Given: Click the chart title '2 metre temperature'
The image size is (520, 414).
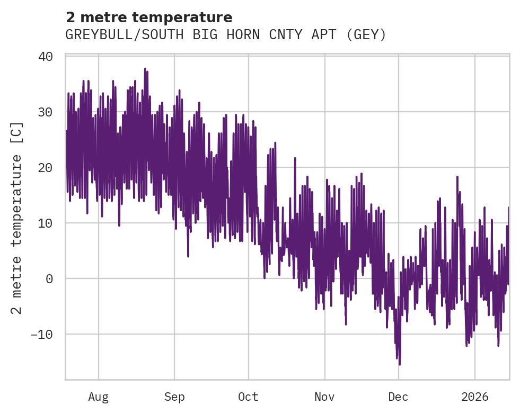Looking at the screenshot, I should tap(149, 17).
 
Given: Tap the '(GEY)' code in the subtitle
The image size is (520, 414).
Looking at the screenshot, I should tap(366, 35).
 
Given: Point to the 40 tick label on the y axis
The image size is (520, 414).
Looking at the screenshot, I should tap(46, 57).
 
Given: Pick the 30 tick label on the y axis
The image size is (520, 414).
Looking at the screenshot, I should tap(46, 112).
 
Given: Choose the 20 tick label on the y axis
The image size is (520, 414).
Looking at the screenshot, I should tap(46, 168).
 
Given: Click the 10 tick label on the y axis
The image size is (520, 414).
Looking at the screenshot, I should tap(46, 223).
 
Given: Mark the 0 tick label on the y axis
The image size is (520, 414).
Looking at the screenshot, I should tap(49, 279).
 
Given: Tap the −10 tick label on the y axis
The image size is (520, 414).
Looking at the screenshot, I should tap(42, 335).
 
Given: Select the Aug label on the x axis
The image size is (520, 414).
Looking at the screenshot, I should tap(98, 397).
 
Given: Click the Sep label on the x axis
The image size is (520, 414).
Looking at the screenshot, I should tap(174, 397).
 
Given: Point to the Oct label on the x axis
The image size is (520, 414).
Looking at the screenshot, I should tap(248, 397).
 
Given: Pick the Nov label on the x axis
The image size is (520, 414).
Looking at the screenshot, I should tap(324, 397).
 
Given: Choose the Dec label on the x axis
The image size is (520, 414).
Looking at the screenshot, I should tap(398, 397).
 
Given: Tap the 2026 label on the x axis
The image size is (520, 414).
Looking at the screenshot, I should tap(474, 397).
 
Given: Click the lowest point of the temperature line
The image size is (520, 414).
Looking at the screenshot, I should tap(400, 364).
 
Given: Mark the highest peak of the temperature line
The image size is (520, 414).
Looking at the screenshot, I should tap(145, 68).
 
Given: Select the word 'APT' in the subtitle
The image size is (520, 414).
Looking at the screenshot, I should tap(323, 35).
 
